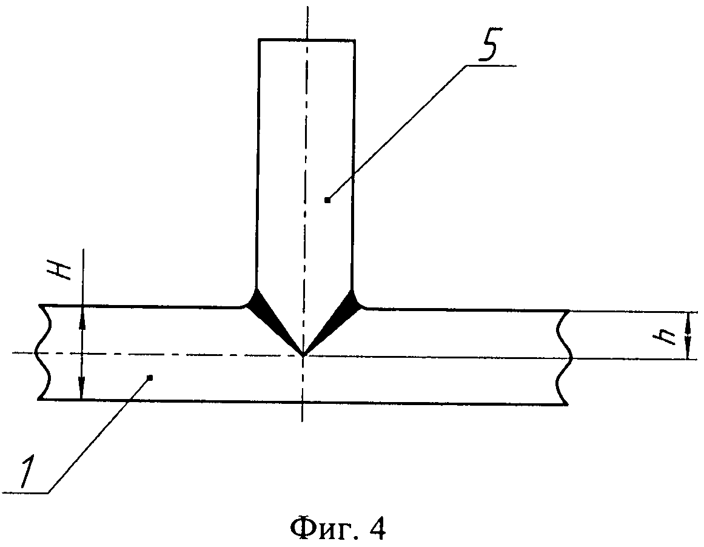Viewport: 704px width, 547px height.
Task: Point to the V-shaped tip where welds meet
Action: coord(303,354)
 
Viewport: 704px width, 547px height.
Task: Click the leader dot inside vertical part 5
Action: coord(327,200)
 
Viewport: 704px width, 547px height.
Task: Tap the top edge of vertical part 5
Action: coord(306,39)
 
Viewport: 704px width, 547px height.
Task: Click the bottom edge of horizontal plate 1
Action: coord(303,402)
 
